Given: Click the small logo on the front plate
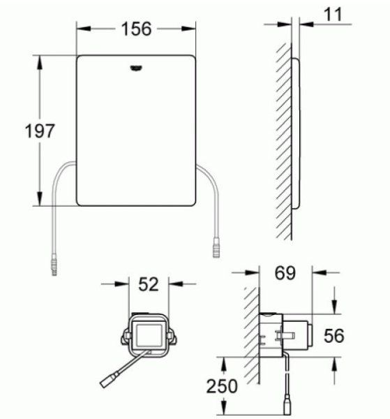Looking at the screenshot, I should [x=136, y=68].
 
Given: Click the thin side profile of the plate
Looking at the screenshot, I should [x=297, y=133].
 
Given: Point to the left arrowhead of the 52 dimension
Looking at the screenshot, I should [x=123, y=284].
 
